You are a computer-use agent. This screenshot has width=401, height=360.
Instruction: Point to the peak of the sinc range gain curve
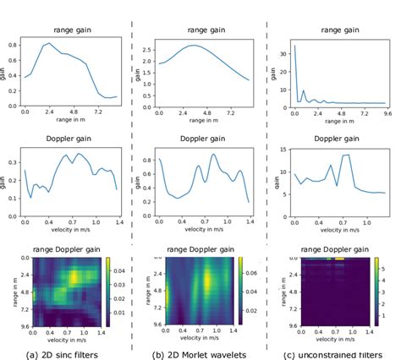49,43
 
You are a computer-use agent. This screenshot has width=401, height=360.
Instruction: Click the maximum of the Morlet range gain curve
194,46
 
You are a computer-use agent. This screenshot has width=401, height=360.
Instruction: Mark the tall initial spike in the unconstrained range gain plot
294,46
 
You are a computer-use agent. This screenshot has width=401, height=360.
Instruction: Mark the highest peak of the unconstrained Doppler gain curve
346,155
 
